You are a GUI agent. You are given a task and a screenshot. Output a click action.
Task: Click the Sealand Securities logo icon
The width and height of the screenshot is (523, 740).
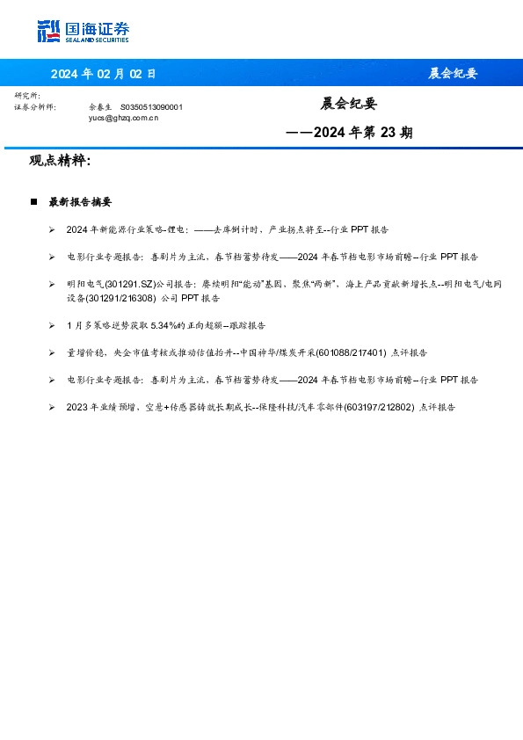(x=48, y=32)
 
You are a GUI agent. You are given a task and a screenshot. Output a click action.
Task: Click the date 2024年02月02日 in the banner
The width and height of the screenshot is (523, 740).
(x=103, y=74)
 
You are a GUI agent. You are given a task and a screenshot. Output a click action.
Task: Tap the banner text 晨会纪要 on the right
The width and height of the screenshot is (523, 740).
(x=453, y=74)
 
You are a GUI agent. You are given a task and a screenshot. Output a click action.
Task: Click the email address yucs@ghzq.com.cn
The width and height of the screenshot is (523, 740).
(x=123, y=116)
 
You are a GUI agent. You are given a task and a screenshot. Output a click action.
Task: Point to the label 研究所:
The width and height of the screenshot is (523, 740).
(x=27, y=95)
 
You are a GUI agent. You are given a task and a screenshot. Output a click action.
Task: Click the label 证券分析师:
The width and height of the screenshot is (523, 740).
(x=35, y=106)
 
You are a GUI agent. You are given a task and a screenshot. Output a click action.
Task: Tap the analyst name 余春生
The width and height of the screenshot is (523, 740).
(x=101, y=106)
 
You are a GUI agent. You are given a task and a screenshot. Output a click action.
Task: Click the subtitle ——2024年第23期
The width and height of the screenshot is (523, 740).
(x=349, y=134)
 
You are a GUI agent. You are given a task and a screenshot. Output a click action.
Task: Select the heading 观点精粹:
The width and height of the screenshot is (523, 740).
(x=60, y=161)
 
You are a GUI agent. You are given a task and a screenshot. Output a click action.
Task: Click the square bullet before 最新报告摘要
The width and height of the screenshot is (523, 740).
(x=33, y=202)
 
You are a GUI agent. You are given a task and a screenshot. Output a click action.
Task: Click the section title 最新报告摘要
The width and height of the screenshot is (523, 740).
(x=80, y=202)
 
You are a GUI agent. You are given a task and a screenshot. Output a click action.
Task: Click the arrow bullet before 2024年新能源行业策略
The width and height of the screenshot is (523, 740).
(x=53, y=229)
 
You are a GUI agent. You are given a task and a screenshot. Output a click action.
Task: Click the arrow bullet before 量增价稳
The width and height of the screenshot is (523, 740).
(x=53, y=352)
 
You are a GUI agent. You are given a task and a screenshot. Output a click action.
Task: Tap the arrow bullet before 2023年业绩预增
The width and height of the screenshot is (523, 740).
(x=53, y=407)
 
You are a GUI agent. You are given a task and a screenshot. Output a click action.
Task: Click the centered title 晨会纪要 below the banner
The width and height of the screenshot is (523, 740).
(x=348, y=104)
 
